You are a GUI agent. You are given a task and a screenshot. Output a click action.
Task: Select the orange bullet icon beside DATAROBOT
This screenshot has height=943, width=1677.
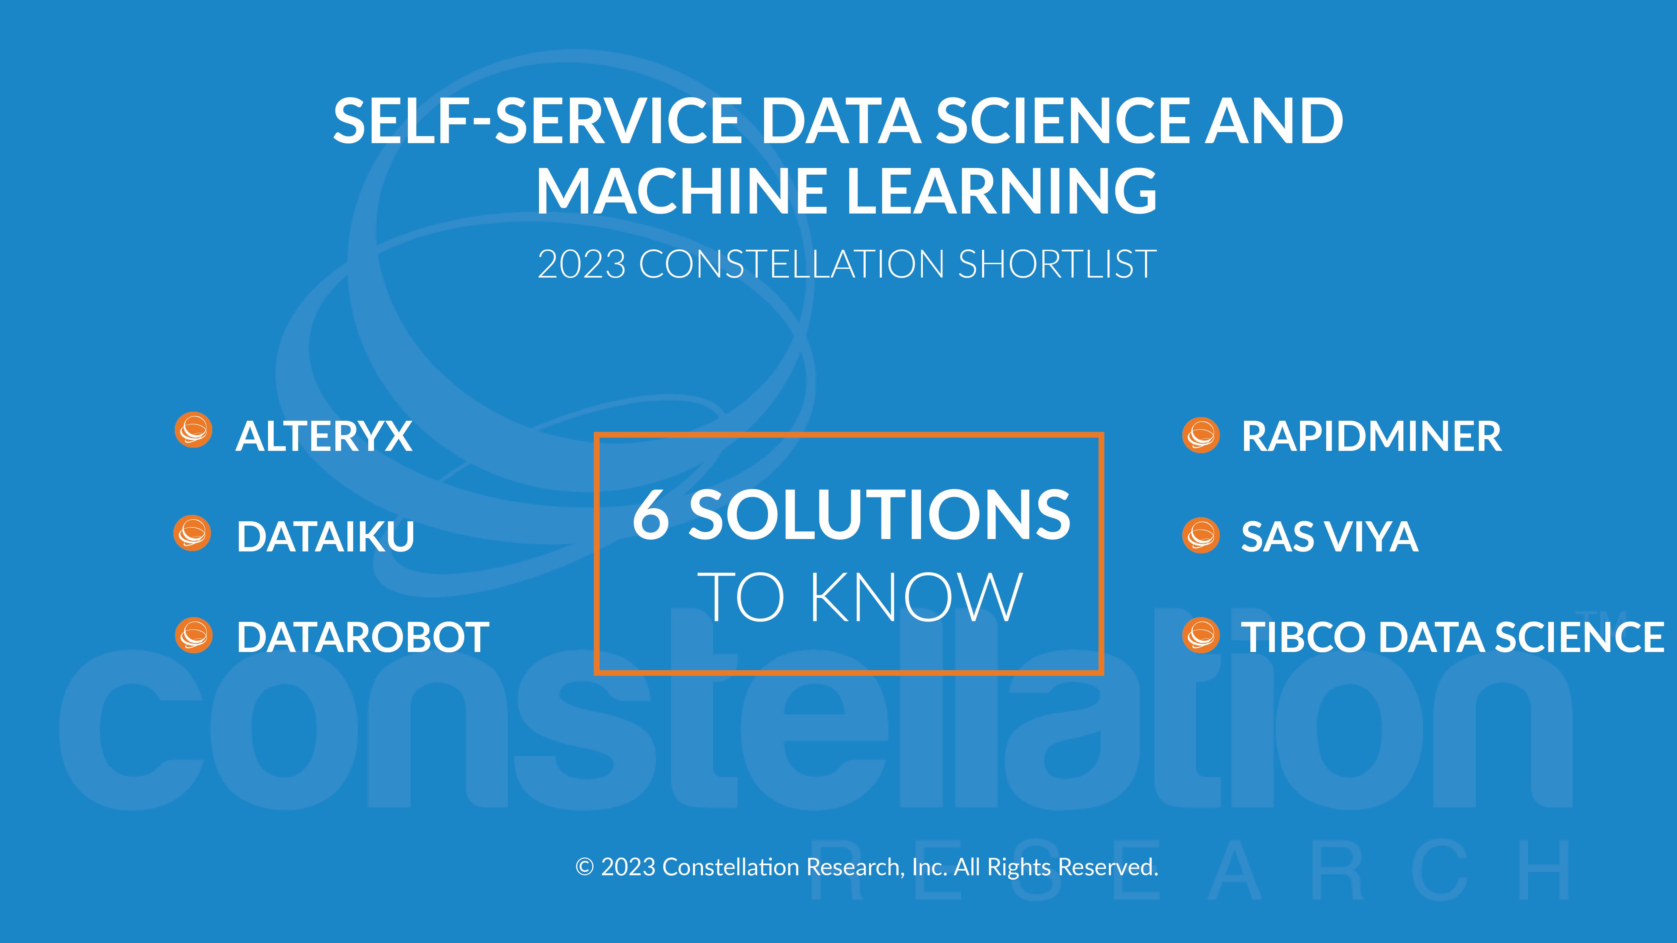(x=193, y=635)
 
